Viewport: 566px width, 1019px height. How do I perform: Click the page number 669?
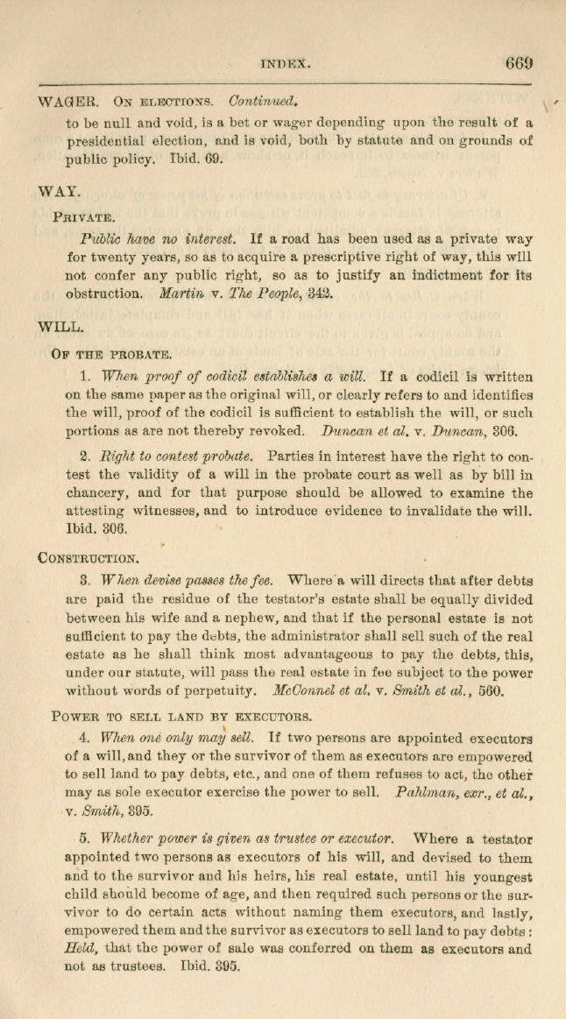coord(519,63)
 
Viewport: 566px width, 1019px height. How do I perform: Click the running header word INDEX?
coord(287,64)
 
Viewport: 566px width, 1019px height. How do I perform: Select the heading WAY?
coord(59,189)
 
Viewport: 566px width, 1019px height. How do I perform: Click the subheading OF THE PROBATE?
coord(112,355)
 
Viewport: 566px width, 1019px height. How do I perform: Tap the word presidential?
coord(114,140)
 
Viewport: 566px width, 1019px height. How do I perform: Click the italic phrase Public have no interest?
coord(157,238)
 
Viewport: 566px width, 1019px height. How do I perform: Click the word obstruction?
coord(103,294)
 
